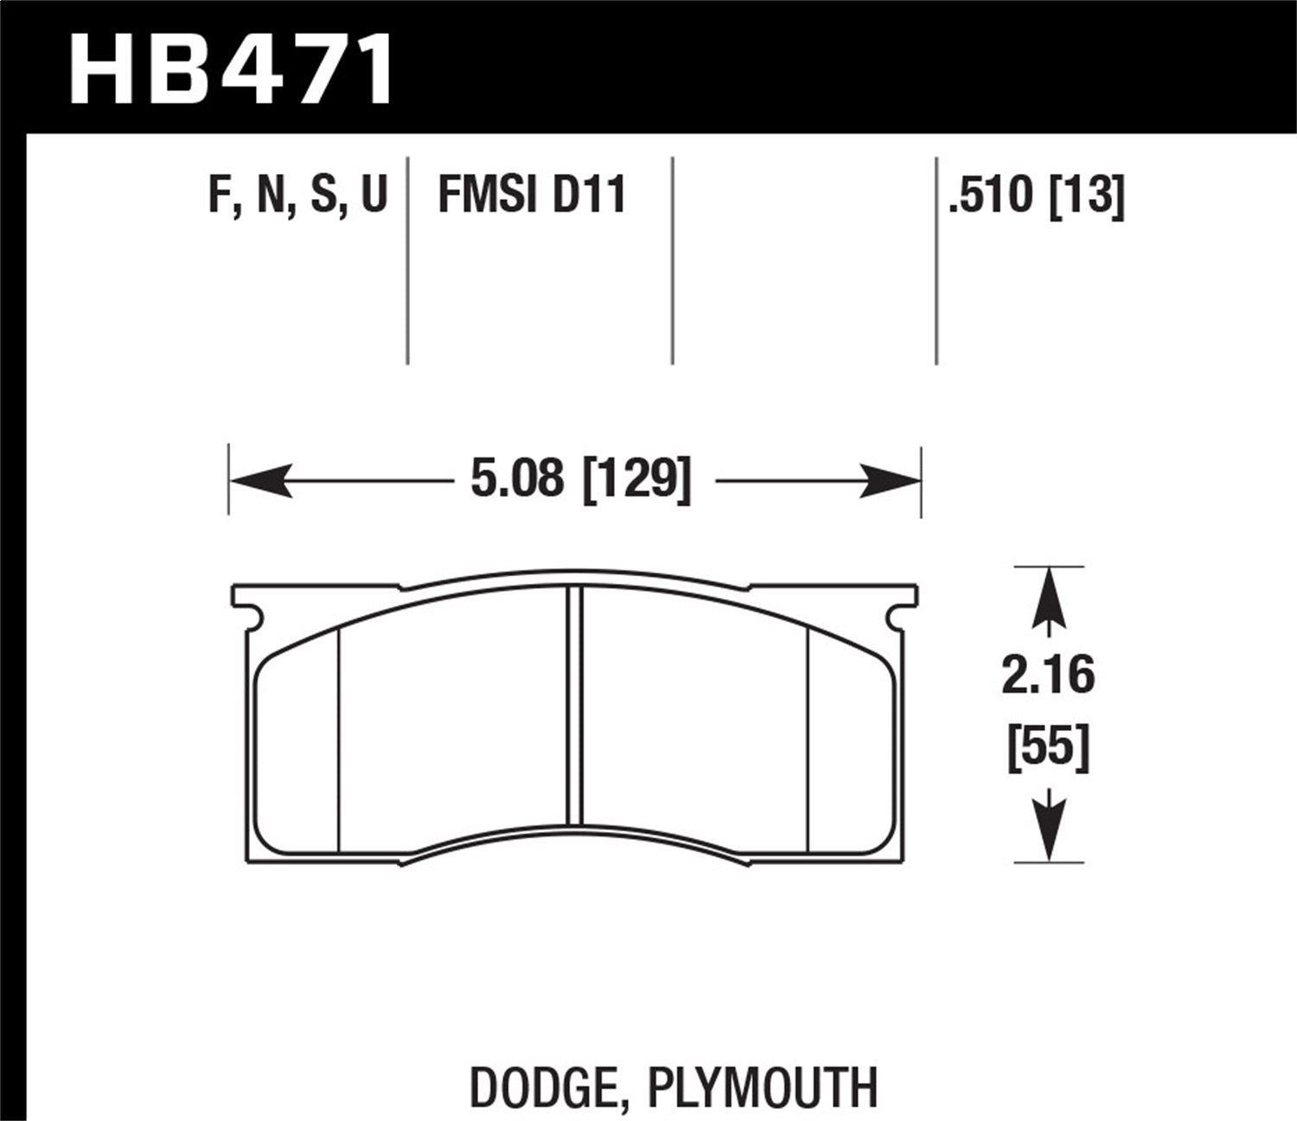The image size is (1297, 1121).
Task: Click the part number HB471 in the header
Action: pyautogui.click(x=231, y=69)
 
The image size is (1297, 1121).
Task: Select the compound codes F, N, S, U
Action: pyautogui.click(x=297, y=195)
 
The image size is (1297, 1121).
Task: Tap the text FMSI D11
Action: pyautogui.click(x=532, y=195)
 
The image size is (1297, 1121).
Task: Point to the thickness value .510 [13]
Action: pyautogui.click(x=1036, y=195)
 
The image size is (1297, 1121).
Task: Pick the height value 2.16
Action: pyautogui.click(x=1048, y=676)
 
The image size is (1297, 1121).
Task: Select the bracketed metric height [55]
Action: pyautogui.click(x=1048, y=746)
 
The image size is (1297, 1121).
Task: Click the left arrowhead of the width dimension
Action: pyautogui.click(x=259, y=480)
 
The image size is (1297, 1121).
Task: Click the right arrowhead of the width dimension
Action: pyautogui.click(x=891, y=480)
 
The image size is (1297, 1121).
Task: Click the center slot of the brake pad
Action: pyautogui.click(x=574, y=705)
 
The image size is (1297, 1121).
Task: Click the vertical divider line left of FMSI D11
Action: pyautogui.click(x=407, y=259)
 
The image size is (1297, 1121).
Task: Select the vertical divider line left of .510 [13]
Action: pyautogui.click(x=937, y=259)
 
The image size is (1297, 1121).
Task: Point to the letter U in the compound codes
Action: pyautogui.click(x=374, y=195)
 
